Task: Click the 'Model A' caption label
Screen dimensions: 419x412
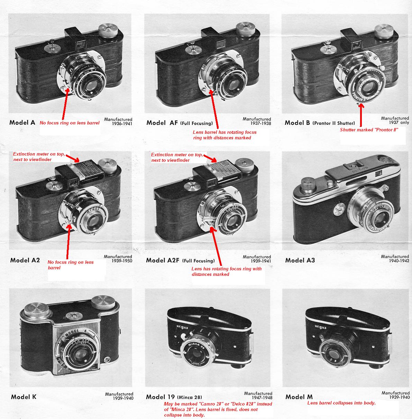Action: click(x=22, y=122)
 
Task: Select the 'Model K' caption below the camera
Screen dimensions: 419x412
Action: click(x=24, y=397)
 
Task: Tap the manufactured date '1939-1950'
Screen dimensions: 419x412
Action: click(x=118, y=261)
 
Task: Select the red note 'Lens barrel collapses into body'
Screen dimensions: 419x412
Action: click(x=341, y=403)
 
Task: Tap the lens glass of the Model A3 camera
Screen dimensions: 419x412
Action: click(x=383, y=217)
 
